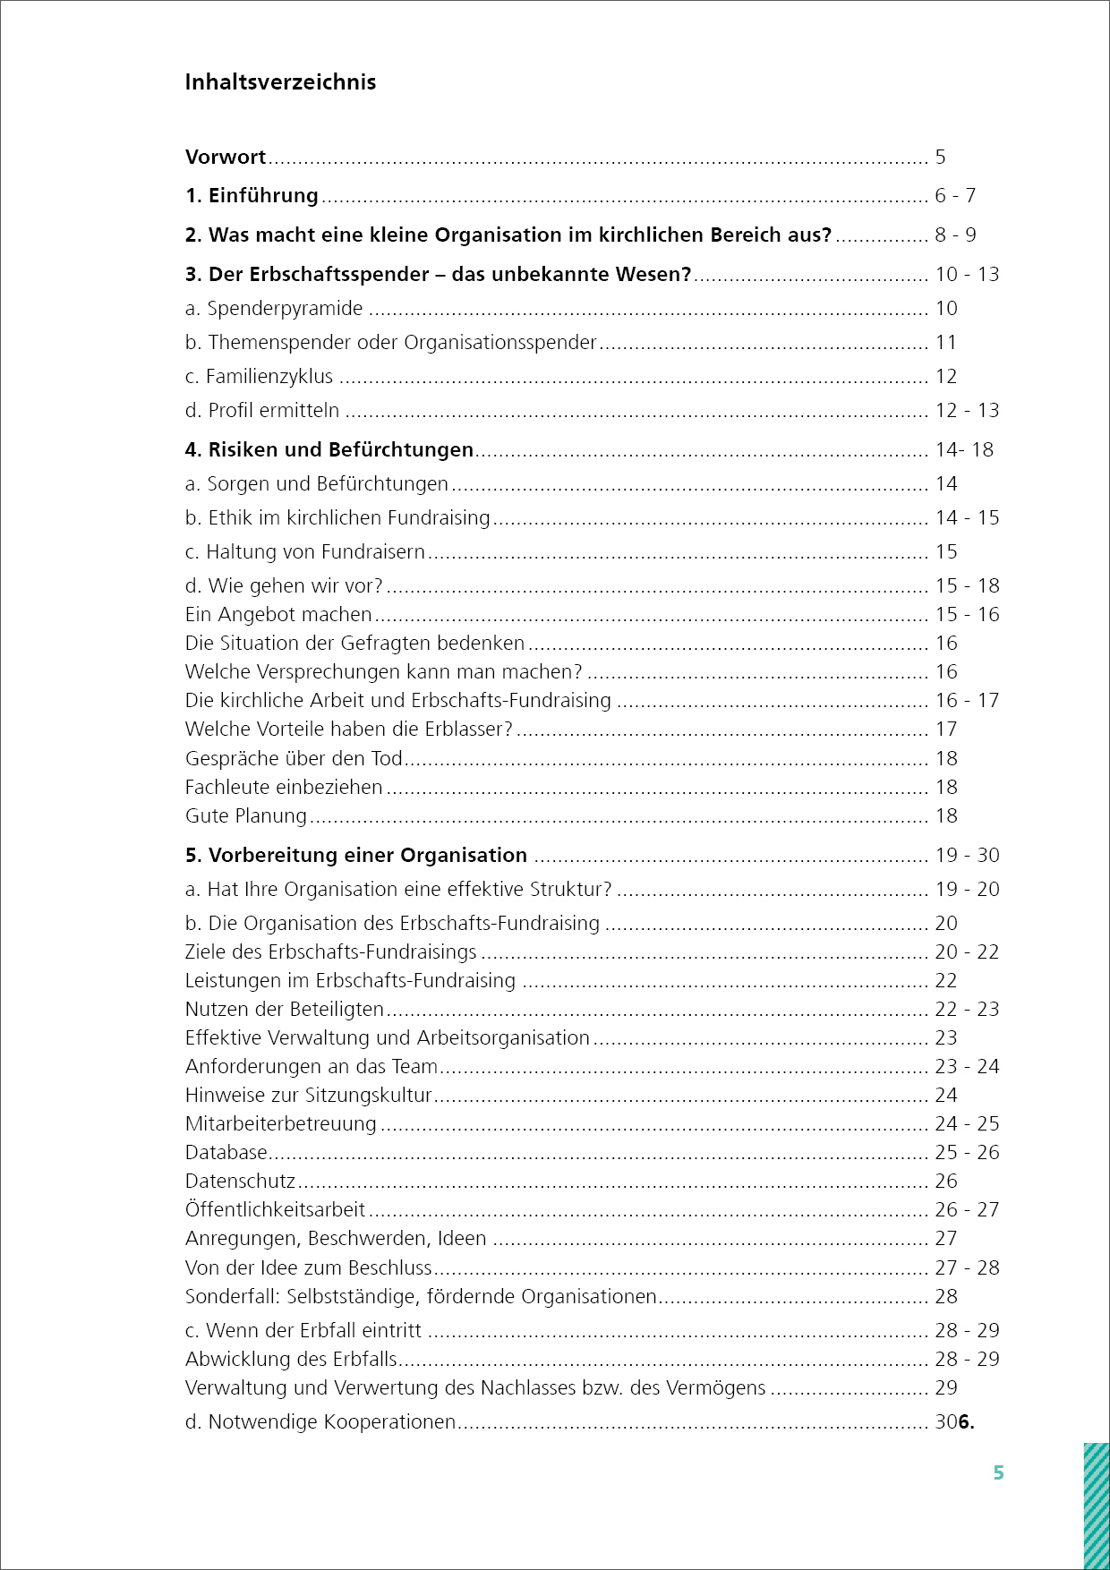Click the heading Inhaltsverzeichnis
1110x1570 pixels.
click(280, 82)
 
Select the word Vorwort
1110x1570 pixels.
click(226, 158)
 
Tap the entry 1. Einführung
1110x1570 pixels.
click(252, 196)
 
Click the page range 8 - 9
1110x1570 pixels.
click(955, 235)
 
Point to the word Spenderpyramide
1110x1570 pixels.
click(285, 309)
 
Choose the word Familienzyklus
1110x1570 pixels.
click(269, 377)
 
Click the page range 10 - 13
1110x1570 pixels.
click(967, 275)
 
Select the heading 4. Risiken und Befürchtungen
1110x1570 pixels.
click(329, 450)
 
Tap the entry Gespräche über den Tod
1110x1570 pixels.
click(294, 759)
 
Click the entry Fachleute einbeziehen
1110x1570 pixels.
click(284, 788)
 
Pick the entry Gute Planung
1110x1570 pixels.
click(246, 816)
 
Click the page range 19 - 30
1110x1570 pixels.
click(967, 856)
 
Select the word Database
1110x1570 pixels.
click(226, 1153)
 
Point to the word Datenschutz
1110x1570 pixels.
click(240, 1182)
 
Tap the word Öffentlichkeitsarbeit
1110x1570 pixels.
click(275, 1210)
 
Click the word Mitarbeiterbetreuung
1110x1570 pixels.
click(281, 1124)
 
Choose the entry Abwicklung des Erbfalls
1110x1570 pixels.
click(291, 1360)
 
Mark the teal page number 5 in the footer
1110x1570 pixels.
click(999, 1473)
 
